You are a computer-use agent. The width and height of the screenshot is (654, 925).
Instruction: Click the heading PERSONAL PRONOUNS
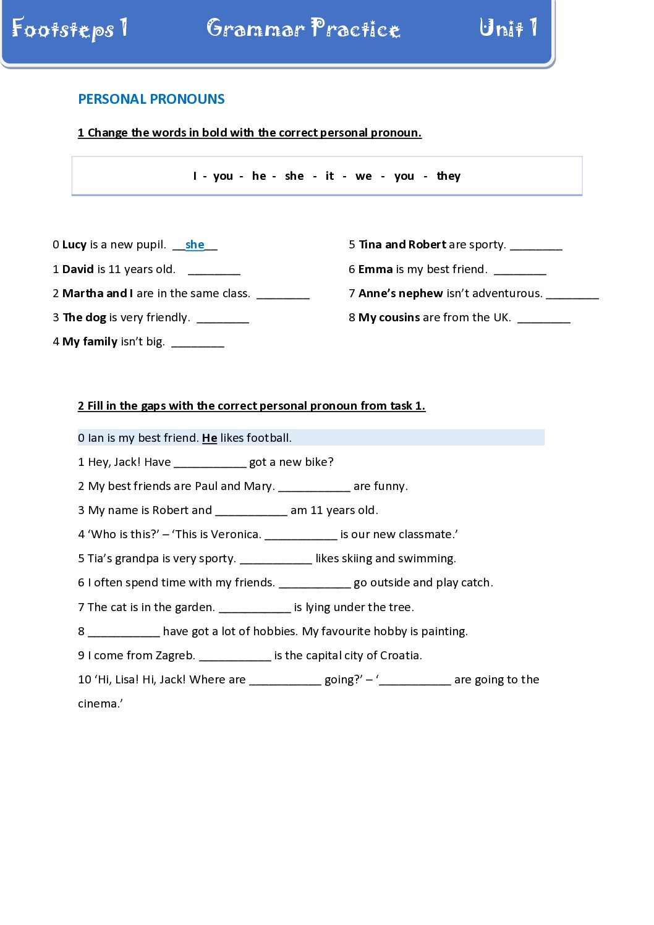pos(151,99)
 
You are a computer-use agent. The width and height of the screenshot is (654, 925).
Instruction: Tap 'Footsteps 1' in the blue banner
pos(69,28)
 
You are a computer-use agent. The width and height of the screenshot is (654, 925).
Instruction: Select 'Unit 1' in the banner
pos(507,28)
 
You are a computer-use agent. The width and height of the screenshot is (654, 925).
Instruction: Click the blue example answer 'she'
pos(195,245)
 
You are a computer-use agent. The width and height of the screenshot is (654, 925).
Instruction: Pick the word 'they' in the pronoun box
pos(448,176)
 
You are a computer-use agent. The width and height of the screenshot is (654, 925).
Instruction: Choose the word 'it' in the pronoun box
pos(329,176)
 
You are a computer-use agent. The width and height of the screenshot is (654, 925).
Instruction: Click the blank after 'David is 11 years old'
pos(214,270)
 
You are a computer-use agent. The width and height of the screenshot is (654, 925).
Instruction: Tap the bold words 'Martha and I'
pos(97,294)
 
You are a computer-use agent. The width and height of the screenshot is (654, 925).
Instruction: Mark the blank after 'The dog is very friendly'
pos(223,318)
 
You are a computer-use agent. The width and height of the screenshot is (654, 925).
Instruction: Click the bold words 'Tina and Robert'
pos(402,245)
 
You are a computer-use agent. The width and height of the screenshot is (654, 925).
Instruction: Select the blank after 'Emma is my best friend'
pos(520,270)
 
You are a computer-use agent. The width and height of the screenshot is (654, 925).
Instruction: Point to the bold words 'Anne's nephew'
pos(400,294)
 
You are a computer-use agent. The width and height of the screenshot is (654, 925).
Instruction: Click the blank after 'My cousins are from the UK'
pos(543,318)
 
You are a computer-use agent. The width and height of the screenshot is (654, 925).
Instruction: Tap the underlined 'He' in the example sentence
pos(210,438)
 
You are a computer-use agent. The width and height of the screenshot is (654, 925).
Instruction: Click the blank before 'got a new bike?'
pos(210,463)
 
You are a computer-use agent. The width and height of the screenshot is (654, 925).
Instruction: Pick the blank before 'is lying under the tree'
pos(255,608)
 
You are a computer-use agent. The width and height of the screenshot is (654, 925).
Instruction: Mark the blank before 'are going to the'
pos(415,680)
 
